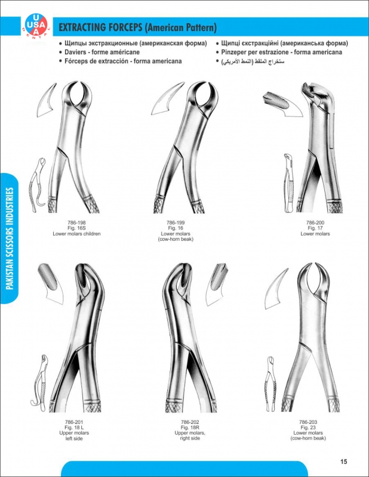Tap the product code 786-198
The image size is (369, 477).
point(76,222)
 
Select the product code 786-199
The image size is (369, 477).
point(176,222)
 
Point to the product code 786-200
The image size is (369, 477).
point(315,222)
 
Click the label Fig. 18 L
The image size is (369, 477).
point(73,428)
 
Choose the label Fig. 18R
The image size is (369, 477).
point(189,428)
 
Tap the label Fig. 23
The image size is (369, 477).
point(307,428)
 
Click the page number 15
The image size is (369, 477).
point(343,461)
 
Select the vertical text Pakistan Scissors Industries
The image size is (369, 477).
point(10,238)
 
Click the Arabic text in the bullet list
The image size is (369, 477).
point(253,61)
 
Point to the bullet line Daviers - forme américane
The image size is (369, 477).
point(102,52)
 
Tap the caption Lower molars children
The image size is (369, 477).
point(76,234)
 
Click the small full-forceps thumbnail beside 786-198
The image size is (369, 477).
point(39,185)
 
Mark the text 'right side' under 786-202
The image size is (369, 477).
point(189,438)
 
